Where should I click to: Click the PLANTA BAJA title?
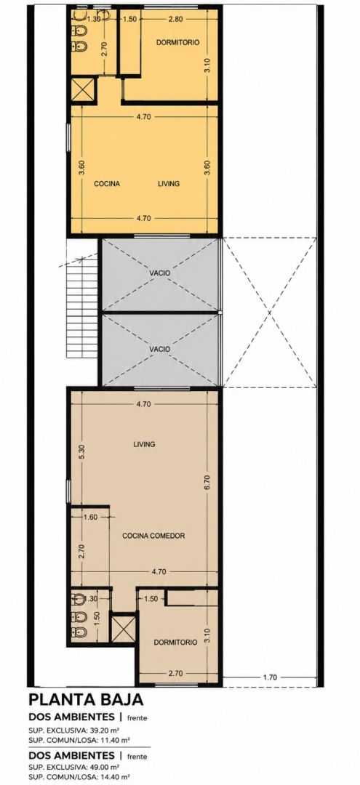[87, 699]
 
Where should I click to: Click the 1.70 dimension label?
[269, 678]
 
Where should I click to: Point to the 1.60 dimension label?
[91, 518]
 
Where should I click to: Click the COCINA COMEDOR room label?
[153, 536]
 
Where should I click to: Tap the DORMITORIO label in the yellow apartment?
[177, 43]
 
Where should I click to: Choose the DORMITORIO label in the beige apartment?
[175, 643]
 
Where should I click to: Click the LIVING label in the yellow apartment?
[168, 184]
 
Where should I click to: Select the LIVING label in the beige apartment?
[144, 444]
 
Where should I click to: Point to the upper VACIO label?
[159, 273]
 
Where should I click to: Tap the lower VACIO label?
[159, 348]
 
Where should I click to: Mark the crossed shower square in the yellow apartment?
[82, 89]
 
